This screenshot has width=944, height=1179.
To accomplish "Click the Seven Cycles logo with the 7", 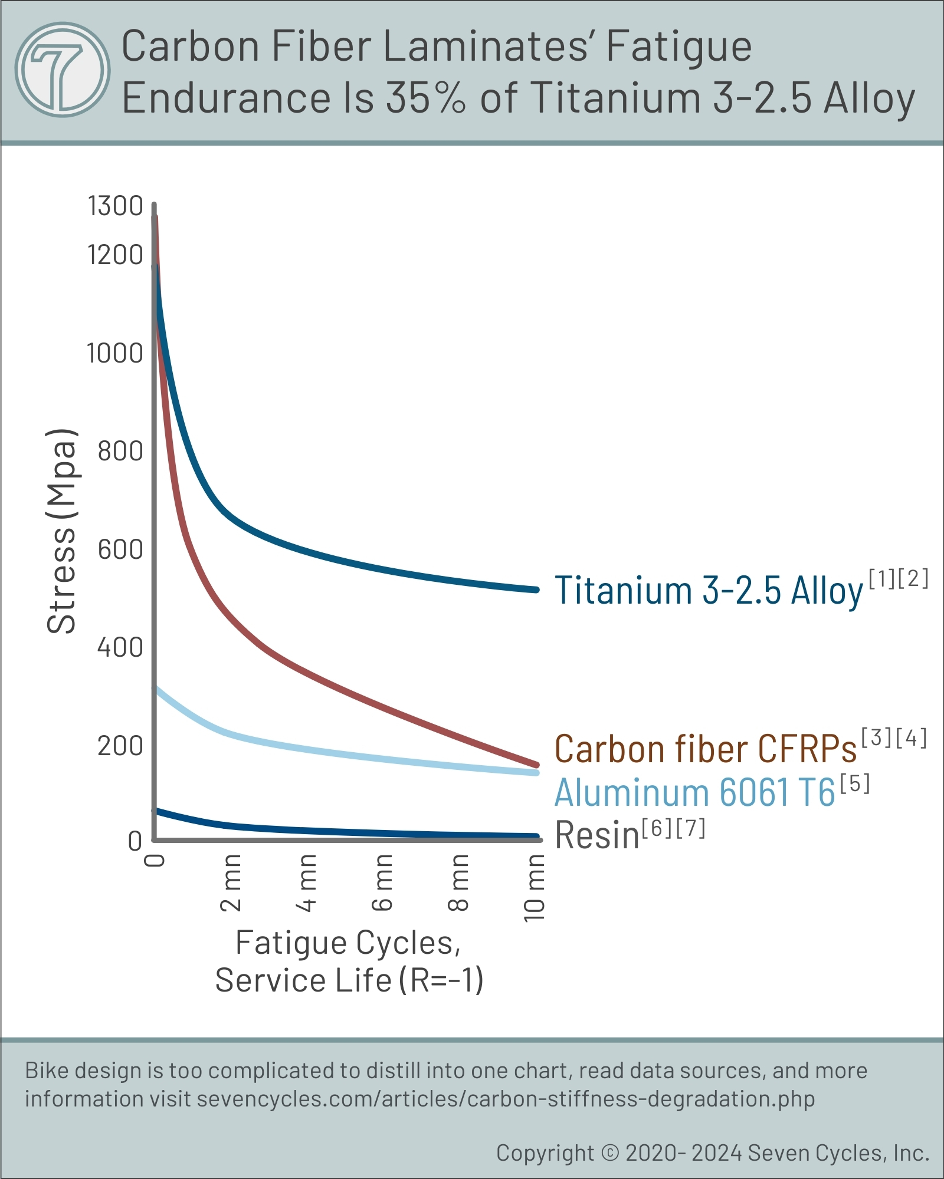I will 62,70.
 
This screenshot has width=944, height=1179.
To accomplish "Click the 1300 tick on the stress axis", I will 116,206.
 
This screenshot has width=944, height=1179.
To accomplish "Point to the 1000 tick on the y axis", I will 115,354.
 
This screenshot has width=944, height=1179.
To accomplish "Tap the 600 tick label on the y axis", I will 120,549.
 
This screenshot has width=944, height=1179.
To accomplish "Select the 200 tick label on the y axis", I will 120,746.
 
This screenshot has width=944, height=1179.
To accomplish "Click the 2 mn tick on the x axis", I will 231,882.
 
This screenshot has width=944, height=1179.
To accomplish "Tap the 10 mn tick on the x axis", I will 535,888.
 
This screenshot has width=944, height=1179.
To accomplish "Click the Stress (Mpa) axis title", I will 62,531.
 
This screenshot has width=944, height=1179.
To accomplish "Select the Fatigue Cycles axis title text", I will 348,943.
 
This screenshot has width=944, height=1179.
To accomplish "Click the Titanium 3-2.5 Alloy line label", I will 709,590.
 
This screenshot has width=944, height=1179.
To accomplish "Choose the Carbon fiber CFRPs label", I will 706,749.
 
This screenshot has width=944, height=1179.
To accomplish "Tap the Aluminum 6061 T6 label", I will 695,792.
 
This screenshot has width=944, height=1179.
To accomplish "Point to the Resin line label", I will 597,835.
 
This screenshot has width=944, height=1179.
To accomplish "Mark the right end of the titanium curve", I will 536,589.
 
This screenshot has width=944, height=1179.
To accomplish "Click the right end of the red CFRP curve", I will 536,765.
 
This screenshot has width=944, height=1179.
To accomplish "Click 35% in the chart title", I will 425,97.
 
